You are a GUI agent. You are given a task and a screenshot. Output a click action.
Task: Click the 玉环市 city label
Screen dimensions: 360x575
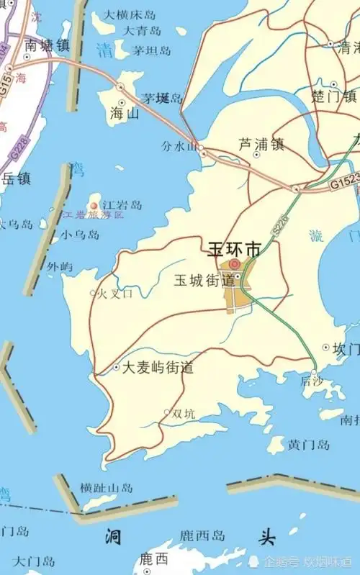tap(234, 250)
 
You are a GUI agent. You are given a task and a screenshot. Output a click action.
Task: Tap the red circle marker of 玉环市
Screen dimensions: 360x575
tap(234, 264)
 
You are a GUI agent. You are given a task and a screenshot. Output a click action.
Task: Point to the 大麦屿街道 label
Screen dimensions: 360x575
tap(158, 367)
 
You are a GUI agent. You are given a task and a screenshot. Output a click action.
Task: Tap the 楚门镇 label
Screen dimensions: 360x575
tap(334, 96)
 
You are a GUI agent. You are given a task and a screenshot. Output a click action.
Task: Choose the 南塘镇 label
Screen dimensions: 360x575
tap(47, 45)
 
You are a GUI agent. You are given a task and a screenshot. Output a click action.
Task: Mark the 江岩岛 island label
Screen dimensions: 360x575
tap(122, 206)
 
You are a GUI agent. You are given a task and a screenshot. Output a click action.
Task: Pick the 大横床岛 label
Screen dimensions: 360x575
tap(130, 14)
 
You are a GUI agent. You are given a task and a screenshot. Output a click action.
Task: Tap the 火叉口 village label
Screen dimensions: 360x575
tap(115, 293)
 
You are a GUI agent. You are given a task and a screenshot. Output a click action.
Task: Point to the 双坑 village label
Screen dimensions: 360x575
tap(184, 414)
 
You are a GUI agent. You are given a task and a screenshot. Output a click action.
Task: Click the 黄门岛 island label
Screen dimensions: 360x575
tap(309, 445)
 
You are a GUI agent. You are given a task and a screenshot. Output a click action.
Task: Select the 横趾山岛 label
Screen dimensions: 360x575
tap(107, 488)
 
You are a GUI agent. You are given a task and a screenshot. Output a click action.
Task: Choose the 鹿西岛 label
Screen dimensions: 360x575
tap(203, 535)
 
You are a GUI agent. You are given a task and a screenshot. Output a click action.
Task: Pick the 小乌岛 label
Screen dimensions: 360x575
tap(80, 234)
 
